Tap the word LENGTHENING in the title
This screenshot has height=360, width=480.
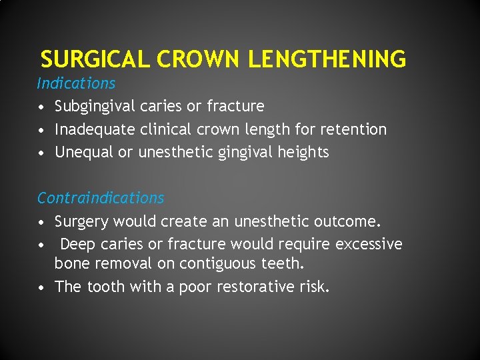coord(327,60)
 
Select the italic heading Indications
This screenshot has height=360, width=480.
coord(76,83)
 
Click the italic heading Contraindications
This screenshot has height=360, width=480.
coord(101,198)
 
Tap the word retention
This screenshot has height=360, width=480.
coord(353,129)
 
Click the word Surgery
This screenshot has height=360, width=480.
coord(81,221)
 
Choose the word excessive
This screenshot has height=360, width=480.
coord(369,244)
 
